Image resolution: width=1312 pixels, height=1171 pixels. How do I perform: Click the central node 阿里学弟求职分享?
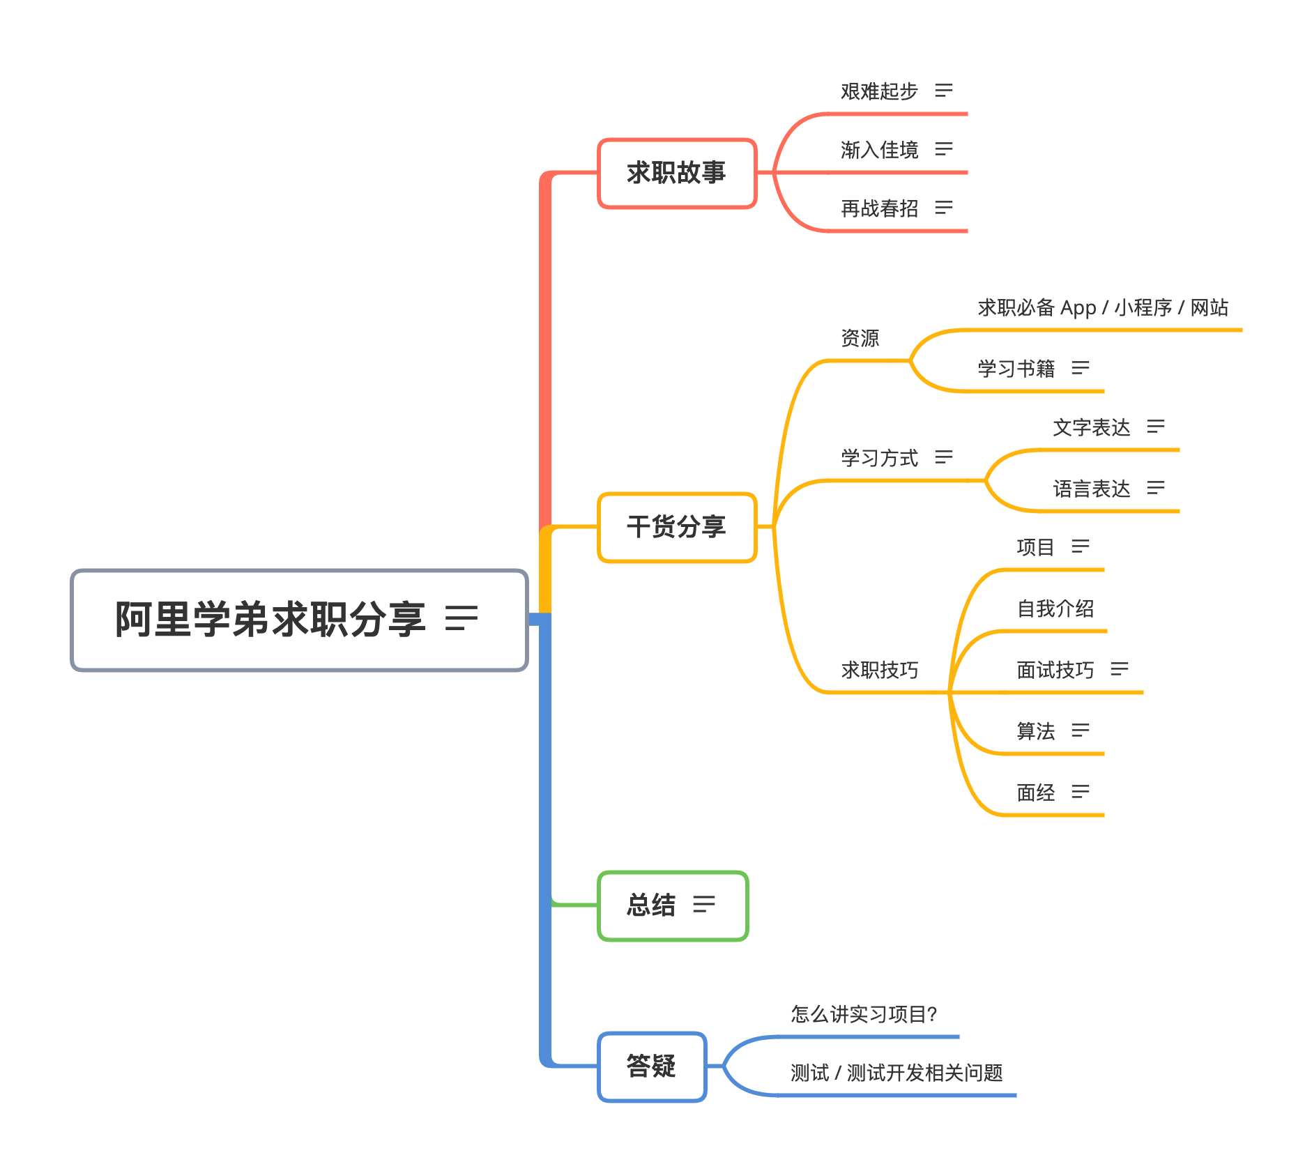[299, 620]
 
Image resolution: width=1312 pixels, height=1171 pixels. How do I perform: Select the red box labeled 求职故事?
[677, 173]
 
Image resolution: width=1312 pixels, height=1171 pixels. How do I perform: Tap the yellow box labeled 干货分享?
[677, 527]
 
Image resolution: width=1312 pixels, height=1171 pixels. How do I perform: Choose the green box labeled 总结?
[673, 905]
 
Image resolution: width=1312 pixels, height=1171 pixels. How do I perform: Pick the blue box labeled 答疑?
[652, 1066]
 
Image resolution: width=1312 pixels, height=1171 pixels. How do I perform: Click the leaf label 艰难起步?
[879, 91]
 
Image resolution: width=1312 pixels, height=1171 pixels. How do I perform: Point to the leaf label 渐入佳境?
[879, 150]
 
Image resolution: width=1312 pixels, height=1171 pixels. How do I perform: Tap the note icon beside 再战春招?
[944, 208]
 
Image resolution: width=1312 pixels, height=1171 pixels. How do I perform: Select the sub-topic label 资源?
[860, 338]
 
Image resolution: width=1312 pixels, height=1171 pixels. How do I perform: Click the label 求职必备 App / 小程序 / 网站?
[1103, 307]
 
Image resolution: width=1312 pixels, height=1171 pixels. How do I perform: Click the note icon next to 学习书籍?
[1081, 368]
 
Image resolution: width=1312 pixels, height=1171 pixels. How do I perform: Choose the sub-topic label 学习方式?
[879, 458]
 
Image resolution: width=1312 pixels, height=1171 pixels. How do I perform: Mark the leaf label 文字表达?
[1092, 427]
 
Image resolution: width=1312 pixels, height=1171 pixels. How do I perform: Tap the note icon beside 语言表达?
[1156, 488]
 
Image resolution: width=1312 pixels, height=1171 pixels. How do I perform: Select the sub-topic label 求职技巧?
[879, 670]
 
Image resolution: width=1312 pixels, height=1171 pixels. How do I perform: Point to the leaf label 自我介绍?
[1055, 609]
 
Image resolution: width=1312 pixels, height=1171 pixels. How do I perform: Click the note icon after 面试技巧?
[1120, 669]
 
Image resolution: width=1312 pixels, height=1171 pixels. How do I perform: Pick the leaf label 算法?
[1036, 731]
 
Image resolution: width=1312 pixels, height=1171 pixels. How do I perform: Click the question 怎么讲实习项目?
[864, 1014]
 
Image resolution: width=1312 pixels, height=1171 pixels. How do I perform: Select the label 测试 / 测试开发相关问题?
[897, 1073]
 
